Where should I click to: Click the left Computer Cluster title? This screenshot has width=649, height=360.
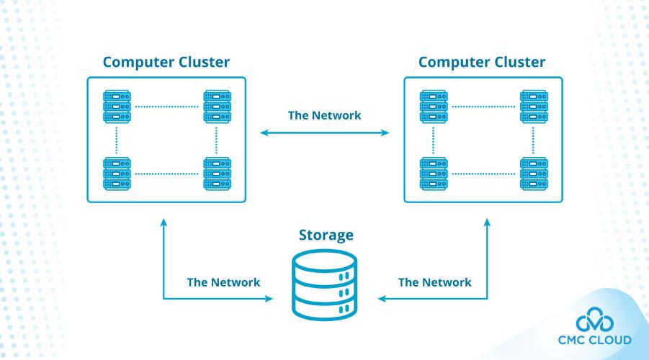[166, 62]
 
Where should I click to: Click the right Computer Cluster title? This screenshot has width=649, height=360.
[482, 62]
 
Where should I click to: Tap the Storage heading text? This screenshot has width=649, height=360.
[326, 235]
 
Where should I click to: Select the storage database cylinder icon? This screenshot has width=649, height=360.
[324, 285]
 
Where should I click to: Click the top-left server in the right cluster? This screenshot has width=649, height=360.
[433, 106]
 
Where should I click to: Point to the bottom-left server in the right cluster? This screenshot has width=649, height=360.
[433, 173]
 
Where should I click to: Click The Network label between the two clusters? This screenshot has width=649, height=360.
[324, 115]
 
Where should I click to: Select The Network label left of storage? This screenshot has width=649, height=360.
[223, 282]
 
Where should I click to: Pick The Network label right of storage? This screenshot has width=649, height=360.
[434, 282]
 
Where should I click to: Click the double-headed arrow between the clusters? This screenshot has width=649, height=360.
[324, 132]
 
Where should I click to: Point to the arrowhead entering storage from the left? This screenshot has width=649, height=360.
[268, 298]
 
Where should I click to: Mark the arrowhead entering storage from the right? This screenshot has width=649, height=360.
[382, 298]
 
